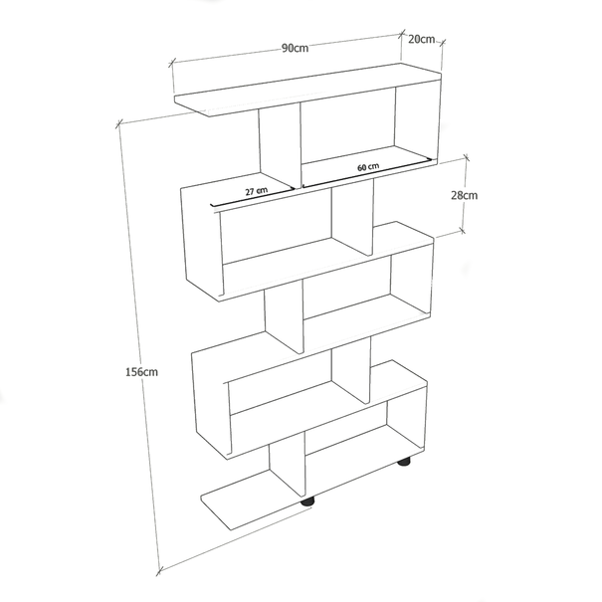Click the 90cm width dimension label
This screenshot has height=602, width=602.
294,48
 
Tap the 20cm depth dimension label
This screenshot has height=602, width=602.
421,40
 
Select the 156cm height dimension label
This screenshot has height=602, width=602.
141,371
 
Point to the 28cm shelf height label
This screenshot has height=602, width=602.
465,195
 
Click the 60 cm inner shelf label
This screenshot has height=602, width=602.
367,167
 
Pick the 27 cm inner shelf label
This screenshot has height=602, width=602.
257,189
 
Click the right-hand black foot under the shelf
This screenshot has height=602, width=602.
404,462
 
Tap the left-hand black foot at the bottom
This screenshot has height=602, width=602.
308,502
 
